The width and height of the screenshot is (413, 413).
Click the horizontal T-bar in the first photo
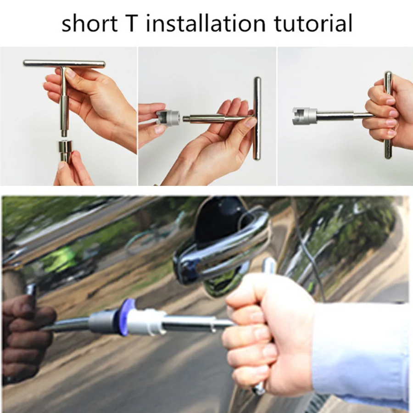click(x=64, y=64)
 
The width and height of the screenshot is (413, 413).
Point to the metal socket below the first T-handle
click(x=65, y=150)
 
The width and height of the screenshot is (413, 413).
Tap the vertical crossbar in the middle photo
click(x=257, y=118)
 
